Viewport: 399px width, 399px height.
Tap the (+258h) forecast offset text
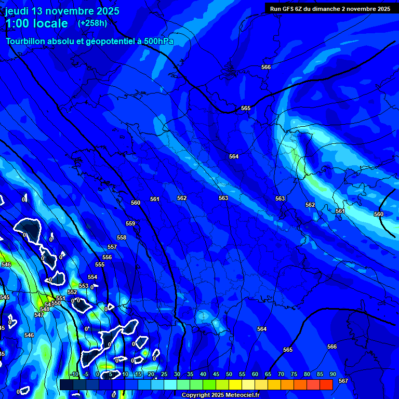coord(92,23)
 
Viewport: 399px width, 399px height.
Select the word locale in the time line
coord(49,23)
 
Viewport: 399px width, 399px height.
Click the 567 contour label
coord(343,381)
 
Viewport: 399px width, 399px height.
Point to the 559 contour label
coord(130,224)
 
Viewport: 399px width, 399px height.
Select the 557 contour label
coord(112,247)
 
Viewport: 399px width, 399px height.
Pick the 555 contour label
coord(100,265)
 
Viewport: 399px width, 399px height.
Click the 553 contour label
coord(83,286)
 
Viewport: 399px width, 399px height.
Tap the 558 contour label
coord(122,238)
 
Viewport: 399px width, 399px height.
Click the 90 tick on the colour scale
coord(332,375)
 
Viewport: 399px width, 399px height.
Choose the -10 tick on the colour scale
coord(74,375)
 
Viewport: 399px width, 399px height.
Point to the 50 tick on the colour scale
coord(229,375)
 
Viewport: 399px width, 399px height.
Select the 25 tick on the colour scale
coord(164,375)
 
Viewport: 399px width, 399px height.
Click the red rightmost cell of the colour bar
coord(326,384)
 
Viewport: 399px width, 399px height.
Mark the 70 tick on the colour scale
coord(281,375)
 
